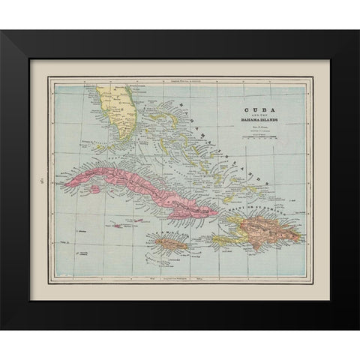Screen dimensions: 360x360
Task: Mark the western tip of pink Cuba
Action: (x=67, y=200)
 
